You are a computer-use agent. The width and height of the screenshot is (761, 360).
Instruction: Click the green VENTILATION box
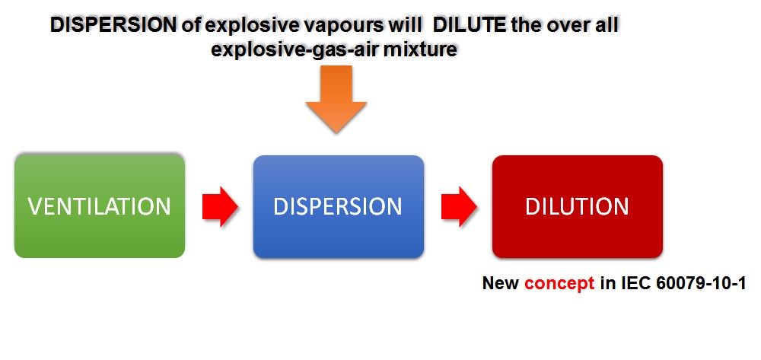100,205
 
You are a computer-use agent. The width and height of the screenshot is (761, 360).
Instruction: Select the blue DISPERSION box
339,206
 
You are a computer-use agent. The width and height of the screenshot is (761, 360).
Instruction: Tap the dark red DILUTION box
577,206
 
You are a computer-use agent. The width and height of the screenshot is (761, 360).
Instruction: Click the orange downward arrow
336,99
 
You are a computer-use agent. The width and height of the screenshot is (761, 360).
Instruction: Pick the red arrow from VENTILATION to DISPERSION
220,206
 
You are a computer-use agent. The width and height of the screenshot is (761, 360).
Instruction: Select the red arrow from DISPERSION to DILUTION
459,206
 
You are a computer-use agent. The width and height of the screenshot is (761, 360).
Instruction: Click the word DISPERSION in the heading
113,25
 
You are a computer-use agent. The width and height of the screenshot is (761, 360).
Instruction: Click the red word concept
559,284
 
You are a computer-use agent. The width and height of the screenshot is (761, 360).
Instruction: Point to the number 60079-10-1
701,283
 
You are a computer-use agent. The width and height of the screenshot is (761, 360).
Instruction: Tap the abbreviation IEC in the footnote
637,283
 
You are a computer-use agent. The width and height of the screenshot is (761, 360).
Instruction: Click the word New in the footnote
501,283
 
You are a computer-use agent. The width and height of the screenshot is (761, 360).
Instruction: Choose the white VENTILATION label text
100,206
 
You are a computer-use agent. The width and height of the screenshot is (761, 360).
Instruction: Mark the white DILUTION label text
577,206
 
